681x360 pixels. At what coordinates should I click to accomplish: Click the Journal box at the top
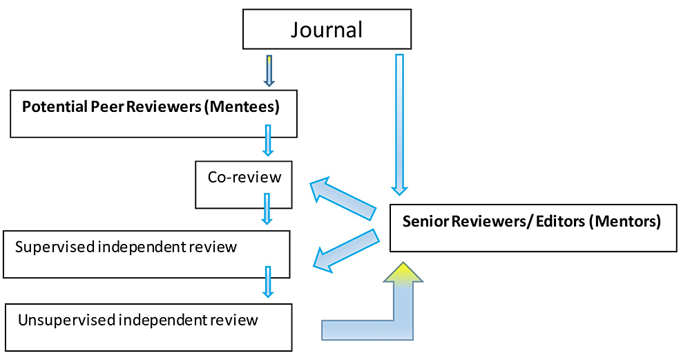click(327, 30)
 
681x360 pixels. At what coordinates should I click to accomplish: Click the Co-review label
click(244, 177)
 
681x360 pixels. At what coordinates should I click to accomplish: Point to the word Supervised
click(53, 247)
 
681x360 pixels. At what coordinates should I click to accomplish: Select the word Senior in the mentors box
click(423, 222)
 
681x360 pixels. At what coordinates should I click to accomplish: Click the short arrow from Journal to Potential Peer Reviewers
click(269, 70)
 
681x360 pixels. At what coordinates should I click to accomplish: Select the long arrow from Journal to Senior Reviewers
click(399, 124)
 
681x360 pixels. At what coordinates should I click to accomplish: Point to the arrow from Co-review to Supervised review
click(267, 209)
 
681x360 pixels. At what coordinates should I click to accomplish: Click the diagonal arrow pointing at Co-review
click(343, 198)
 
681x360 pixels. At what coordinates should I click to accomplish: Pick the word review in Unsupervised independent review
click(236, 320)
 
